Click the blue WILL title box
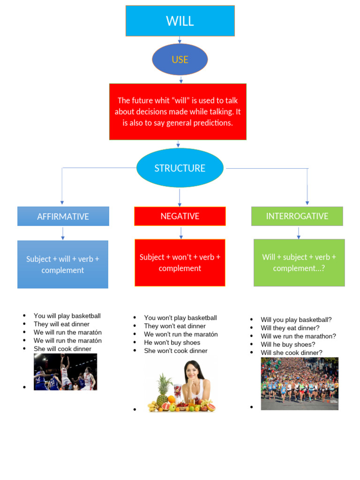point(180,21)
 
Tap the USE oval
point(180,60)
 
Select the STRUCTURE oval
point(180,168)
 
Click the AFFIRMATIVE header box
point(63,217)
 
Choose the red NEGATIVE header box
point(180,216)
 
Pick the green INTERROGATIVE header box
point(297,216)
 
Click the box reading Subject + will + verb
point(63,264)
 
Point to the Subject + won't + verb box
point(180,262)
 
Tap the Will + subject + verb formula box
point(299,262)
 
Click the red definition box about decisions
point(178,112)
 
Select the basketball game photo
point(65,372)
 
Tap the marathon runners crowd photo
point(300,383)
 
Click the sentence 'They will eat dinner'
point(61,324)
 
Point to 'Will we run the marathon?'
point(298,336)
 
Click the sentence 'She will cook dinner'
point(62,349)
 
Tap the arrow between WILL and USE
point(180,40)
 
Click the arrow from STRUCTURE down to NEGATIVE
point(180,197)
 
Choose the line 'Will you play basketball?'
point(296,320)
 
